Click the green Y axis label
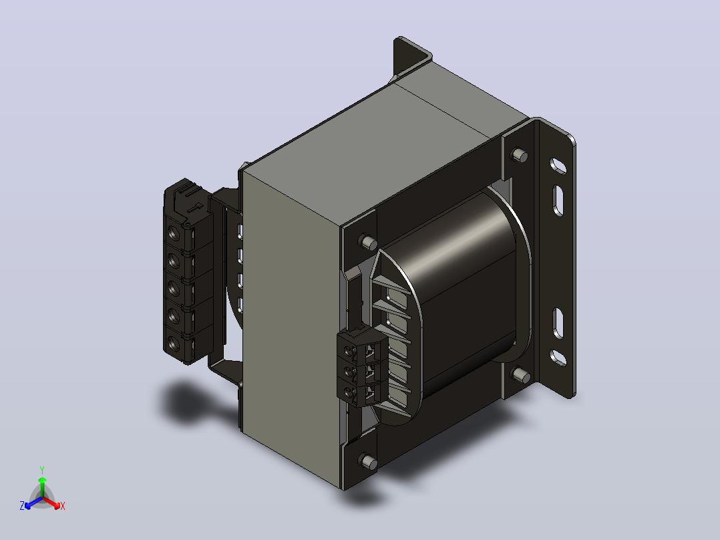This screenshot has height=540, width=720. tap(42, 470)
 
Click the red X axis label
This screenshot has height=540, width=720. tap(63, 506)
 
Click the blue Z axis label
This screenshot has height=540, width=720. tap(21, 505)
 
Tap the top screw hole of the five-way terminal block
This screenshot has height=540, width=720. tap(174, 233)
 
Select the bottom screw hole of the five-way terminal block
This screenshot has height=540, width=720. tap(174, 342)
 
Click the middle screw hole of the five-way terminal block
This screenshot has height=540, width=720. tap(174, 288)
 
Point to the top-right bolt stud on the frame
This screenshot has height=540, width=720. tap(520, 155)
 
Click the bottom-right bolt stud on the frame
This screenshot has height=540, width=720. tap(521, 374)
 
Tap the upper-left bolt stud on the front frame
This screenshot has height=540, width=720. tap(367, 242)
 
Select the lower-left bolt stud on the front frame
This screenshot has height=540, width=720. tap(368, 461)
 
